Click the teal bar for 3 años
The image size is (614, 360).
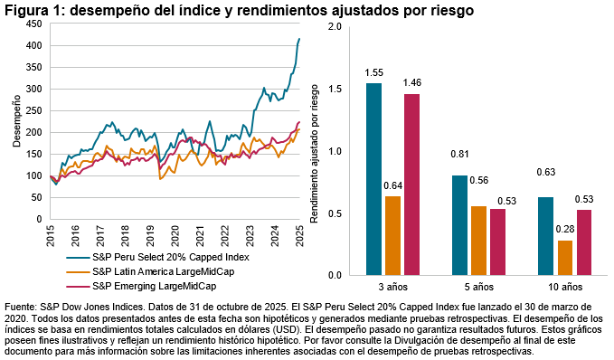(x=373, y=178)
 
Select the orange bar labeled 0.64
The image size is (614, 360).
(x=392, y=235)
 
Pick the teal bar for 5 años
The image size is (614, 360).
(x=459, y=224)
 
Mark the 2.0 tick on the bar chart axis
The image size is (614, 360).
(x=335, y=27)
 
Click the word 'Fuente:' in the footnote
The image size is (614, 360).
(x=23, y=308)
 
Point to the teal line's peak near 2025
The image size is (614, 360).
(x=299, y=39)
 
